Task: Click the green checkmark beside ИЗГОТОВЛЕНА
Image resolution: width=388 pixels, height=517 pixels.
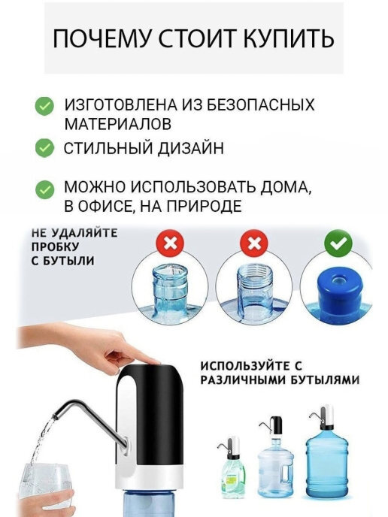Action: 44,106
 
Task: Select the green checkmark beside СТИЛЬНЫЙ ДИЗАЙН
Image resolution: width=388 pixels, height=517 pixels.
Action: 44,148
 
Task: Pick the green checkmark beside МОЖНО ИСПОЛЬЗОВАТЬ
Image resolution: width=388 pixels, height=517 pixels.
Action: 44,189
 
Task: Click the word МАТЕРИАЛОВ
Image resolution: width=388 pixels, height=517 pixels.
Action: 117,124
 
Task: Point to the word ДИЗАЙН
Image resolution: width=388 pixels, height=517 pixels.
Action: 190,148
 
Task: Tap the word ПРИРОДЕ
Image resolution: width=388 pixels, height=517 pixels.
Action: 203,206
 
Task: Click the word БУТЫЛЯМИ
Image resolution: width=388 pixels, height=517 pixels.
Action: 325,380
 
